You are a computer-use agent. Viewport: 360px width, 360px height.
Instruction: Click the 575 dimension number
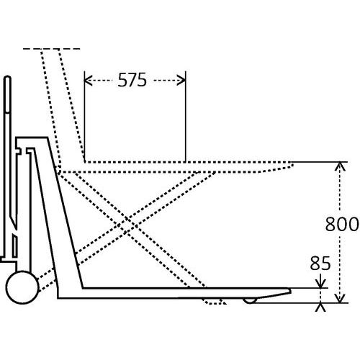click(x=132, y=80)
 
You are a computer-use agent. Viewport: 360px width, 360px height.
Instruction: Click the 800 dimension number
click(x=342, y=224)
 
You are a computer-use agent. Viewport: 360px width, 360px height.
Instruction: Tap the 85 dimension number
click(x=320, y=264)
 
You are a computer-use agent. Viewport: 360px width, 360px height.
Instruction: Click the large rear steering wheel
click(x=22, y=287)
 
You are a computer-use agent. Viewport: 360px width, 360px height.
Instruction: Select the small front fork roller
click(x=250, y=300)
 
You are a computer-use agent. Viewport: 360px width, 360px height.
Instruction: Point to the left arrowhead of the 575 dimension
click(x=88, y=80)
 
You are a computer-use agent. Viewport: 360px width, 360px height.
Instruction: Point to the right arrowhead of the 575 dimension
click(x=181, y=80)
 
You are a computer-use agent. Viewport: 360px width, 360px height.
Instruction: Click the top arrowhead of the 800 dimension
click(x=339, y=166)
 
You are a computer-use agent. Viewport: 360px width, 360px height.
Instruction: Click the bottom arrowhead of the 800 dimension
click(x=339, y=298)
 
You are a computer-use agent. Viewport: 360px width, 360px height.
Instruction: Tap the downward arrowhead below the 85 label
click(x=321, y=284)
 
